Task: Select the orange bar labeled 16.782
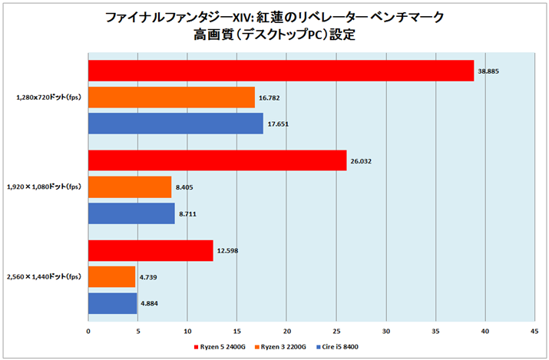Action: [171, 97]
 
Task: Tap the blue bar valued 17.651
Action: [176, 124]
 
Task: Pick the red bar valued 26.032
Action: [217, 160]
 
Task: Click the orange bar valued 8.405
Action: [130, 187]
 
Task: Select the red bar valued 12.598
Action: [150, 250]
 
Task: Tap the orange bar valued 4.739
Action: [111, 276]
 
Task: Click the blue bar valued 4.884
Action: [112, 303]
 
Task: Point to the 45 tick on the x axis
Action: [534, 332]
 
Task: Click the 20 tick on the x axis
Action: [286, 332]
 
